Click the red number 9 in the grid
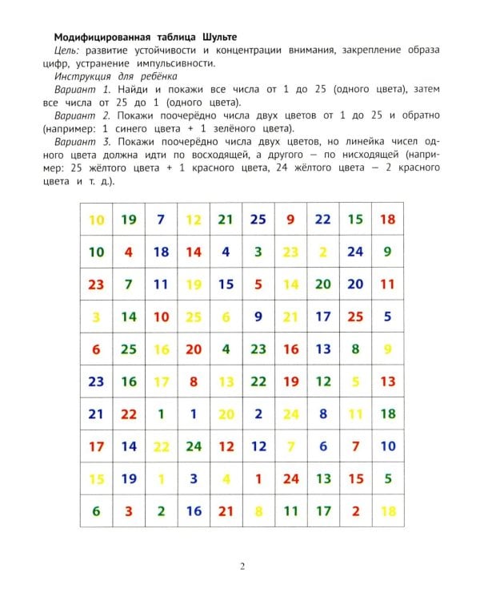pos(290,219)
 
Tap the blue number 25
pos(258,219)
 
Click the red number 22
pos(129,414)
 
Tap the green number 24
pos(194,446)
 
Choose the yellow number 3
pos(97,317)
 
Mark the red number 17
pos(97,446)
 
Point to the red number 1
pos(258,479)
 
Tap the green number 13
pos(323,479)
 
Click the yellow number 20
pos(226,414)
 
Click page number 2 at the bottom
pos(242,567)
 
